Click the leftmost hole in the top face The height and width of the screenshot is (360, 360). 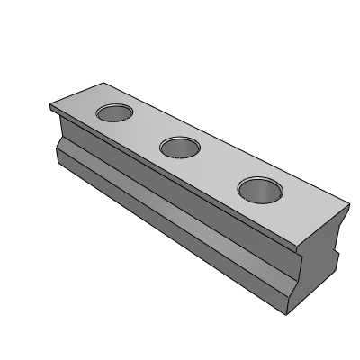click(114, 113)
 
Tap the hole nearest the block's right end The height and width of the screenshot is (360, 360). click(258, 189)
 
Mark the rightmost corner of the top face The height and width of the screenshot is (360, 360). click(346, 202)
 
